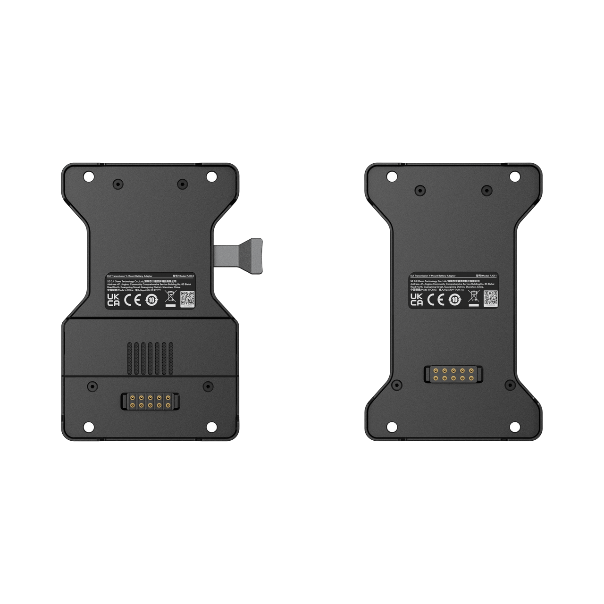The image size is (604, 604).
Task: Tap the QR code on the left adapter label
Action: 187,299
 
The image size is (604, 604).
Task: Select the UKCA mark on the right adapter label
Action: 417,300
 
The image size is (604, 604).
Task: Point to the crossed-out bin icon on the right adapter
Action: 473,298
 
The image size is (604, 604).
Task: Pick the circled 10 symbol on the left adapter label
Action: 151,300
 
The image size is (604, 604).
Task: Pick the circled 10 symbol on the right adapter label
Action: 454,300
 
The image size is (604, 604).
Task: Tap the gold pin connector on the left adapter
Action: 149,402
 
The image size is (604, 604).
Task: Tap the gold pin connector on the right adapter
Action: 453,374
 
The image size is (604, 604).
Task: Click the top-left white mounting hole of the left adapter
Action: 88,177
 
